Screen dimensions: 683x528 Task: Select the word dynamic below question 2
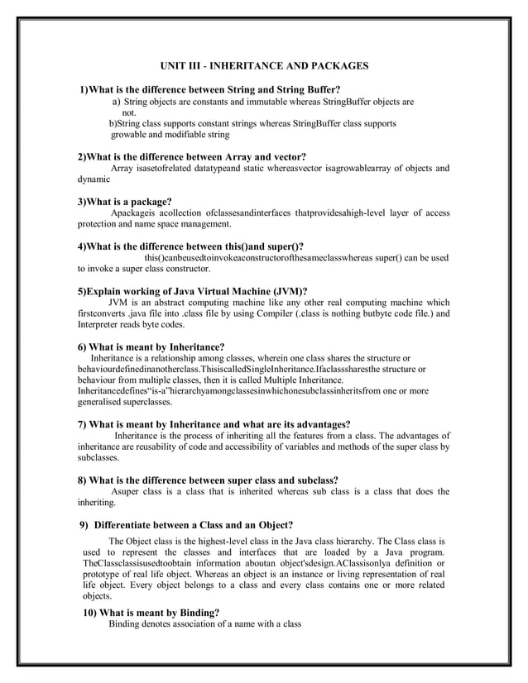[x=94, y=179]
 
